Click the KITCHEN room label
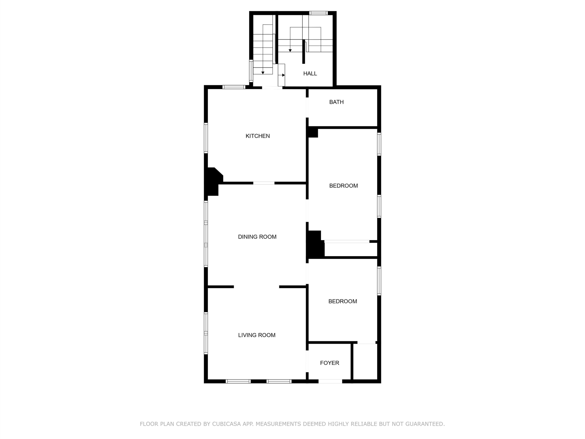258,136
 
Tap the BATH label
336,102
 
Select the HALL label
310,74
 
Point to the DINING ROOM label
257,237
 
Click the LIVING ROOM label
257,335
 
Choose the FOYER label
330,363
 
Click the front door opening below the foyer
330,381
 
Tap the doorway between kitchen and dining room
264,183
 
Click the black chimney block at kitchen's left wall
213,182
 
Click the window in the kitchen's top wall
234,87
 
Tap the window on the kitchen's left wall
206,138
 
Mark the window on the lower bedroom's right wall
379,281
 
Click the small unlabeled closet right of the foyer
365,362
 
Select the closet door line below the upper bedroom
347,241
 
